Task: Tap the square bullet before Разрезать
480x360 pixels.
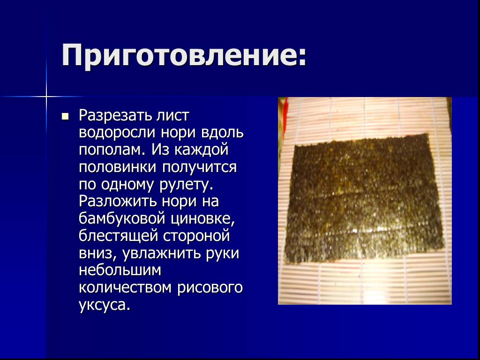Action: click(65, 116)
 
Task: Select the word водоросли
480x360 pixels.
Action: click(118, 133)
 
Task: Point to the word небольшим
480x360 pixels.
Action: click(120, 270)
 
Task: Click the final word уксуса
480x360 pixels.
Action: click(105, 305)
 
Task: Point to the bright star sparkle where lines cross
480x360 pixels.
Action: click(46, 97)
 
